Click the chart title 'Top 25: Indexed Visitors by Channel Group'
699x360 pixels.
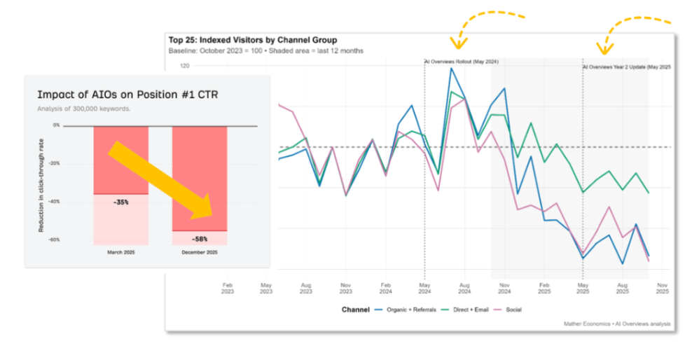253,41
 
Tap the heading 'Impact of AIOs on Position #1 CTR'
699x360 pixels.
127,95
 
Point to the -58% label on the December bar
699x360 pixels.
200,239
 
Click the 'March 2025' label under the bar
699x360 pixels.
120,252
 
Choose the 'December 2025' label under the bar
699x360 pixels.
200,252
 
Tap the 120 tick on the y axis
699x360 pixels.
185,66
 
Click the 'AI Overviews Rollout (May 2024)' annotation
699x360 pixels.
462,62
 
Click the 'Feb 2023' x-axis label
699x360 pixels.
228,289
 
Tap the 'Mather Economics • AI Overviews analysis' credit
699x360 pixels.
616,324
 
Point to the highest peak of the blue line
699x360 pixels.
452,68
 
